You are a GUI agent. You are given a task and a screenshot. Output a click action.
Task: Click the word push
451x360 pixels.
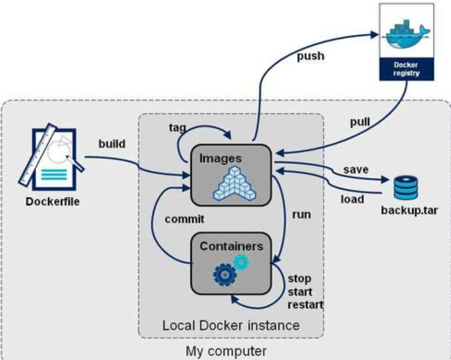310,56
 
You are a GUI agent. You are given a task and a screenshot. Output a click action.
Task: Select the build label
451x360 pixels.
112,145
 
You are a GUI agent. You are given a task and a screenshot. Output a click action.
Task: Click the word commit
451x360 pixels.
184,219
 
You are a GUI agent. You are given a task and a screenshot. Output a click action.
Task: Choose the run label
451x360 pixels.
301,214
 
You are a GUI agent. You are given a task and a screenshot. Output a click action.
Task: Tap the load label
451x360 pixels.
352,199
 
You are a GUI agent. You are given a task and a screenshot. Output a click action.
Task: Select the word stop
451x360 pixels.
299,279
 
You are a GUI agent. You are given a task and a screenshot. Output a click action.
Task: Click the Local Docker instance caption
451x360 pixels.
231,324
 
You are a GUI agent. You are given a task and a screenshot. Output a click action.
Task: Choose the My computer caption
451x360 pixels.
226,351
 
